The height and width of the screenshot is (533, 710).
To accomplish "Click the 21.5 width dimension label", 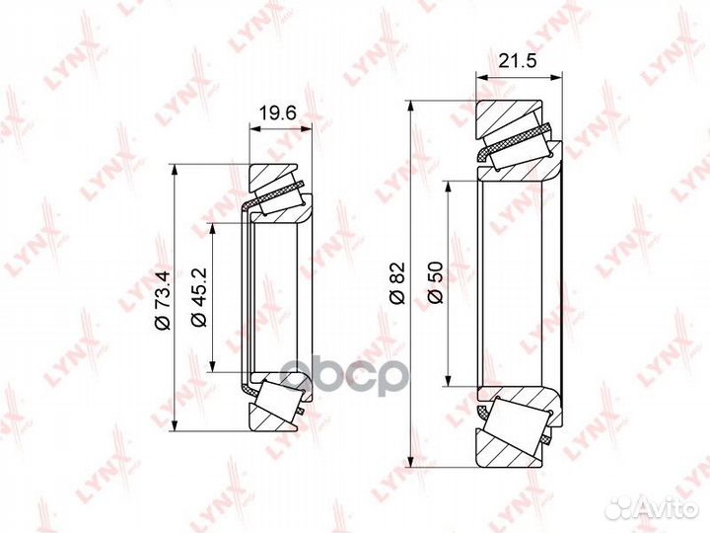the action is [x=517, y=60].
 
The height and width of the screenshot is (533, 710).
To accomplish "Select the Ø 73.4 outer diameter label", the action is [x=162, y=300].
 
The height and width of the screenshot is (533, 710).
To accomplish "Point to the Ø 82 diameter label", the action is [x=397, y=283].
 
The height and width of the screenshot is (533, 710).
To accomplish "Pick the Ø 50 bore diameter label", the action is [x=435, y=283].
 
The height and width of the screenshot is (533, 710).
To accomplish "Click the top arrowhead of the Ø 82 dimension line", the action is [x=410, y=106].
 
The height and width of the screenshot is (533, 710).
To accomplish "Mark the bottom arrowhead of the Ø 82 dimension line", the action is [x=410, y=461].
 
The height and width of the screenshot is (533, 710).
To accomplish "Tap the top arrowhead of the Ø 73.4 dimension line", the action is [x=175, y=170].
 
